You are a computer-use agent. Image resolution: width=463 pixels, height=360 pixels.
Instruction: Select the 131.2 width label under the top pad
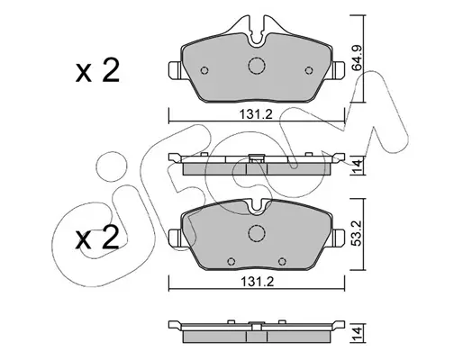[x=256, y=114]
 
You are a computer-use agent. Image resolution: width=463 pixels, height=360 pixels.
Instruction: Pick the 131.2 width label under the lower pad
[x=258, y=282]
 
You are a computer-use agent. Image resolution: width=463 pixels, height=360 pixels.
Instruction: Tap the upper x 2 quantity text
[x=97, y=71]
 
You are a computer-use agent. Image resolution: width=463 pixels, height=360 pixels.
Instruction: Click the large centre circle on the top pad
[x=257, y=66]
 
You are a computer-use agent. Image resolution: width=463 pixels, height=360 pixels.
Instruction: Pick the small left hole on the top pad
[x=204, y=70]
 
